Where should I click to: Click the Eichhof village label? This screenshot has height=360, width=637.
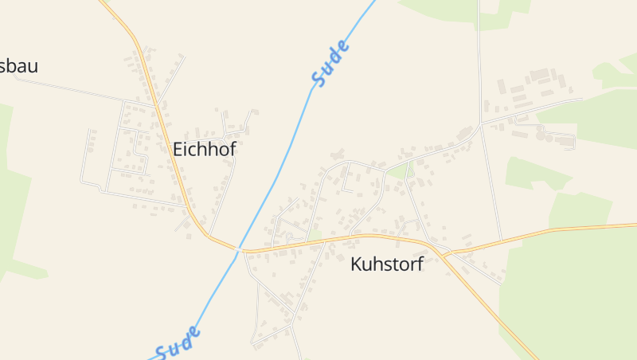coord(205,149)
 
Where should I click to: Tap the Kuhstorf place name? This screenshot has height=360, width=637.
coord(386,264)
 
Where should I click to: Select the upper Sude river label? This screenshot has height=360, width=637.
coord(330,63)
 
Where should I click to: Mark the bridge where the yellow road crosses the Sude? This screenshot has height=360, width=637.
coord(238,249)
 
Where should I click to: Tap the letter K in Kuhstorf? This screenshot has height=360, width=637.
coord(356,264)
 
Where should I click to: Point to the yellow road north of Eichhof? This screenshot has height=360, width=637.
coord(143,56)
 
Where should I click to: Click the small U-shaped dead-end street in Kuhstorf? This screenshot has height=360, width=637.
coord(348,185)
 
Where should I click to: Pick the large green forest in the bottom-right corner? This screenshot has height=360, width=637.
coord(573,303)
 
